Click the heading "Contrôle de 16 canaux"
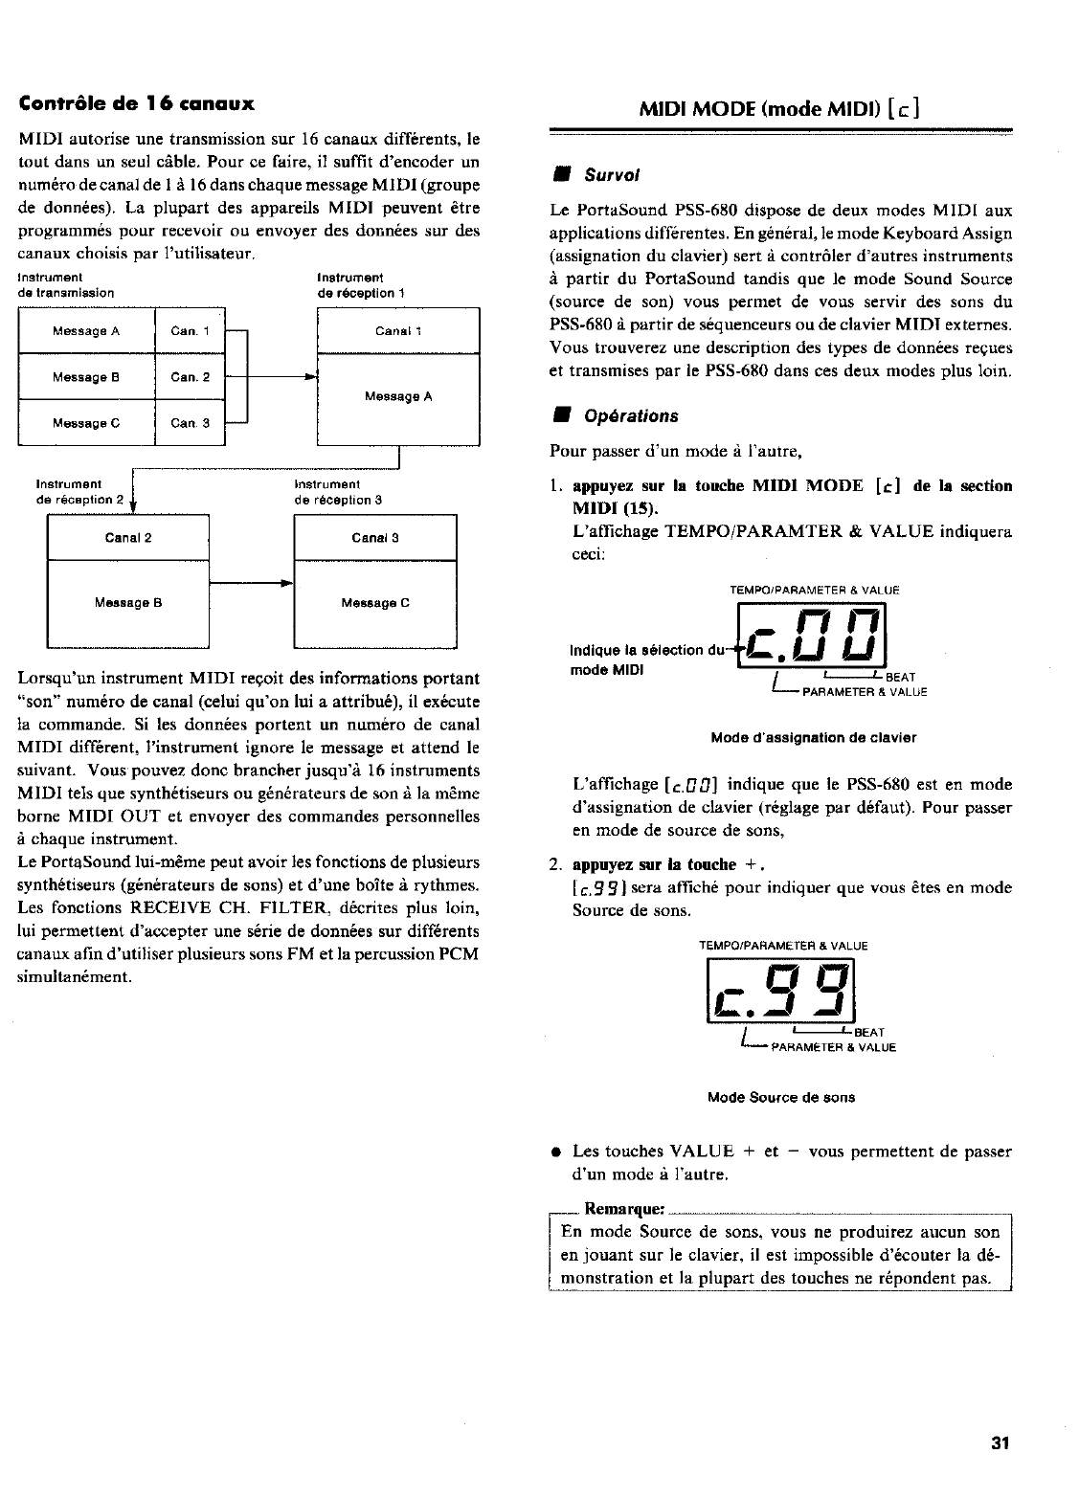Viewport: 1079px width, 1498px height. (x=136, y=102)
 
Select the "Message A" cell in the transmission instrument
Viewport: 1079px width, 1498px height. (x=86, y=331)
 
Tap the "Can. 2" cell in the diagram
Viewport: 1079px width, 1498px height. (x=190, y=377)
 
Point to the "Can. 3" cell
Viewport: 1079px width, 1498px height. (x=190, y=423)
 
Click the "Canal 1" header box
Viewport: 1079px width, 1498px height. (x=398, y=331)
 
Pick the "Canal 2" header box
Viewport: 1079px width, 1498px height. (x=128, y=538)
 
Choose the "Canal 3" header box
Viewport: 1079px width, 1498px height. (x=375, y=538)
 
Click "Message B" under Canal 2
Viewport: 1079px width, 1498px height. (x=128, y=603)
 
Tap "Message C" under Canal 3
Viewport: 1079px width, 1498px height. (x=375, y=603)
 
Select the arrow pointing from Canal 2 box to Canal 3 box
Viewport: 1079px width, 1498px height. (x=251, y=583)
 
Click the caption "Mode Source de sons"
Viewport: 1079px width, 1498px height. (x=781, y=1098)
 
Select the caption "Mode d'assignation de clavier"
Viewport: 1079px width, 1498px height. (x=814, y=738)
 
